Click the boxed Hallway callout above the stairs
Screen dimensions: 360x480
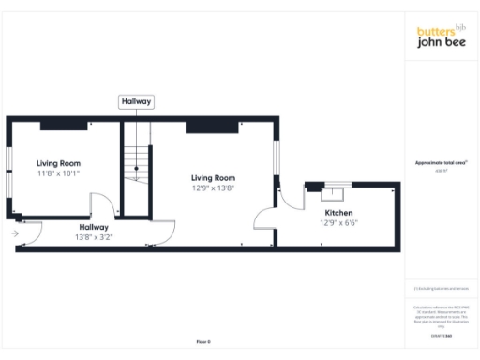pos(136,101)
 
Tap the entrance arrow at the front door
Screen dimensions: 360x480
pos(16,232)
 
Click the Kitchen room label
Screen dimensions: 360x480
pos(338,213)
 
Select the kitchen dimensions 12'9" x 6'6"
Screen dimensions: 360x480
pos(338,223)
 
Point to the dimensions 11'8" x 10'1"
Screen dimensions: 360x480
pos(58,173)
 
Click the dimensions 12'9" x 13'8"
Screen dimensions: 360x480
pos(213,187)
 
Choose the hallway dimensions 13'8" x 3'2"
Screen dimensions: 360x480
pos(94,237)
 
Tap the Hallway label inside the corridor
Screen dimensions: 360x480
pos(94,227)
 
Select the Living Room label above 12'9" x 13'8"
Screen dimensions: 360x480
pos(213,177)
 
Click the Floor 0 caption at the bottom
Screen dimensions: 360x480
pos(203,343)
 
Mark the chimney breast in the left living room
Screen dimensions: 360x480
pos(58,125)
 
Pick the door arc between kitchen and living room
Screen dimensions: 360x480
pos(264,218)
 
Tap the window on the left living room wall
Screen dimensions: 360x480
pos(7,172)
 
